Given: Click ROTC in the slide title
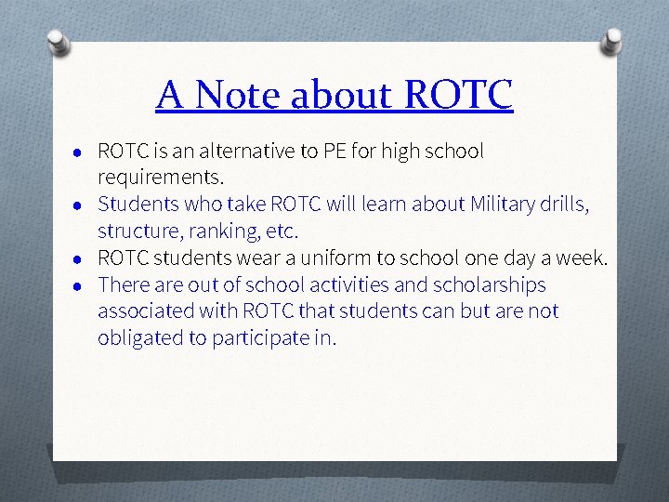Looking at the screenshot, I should pyautogui.click(x=459, y=95).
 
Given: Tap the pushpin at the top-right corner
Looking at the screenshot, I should pyautogui.click(x=612, y=40).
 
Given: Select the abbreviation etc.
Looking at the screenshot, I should pyautogui.click(x=282, y=231).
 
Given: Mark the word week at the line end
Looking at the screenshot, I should pyautogui.click(x=581, y=258).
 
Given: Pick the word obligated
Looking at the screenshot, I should pyautogui.click(x=140, y=337).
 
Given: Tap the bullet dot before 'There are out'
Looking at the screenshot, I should pyautogui.click(x=82, y=285).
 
